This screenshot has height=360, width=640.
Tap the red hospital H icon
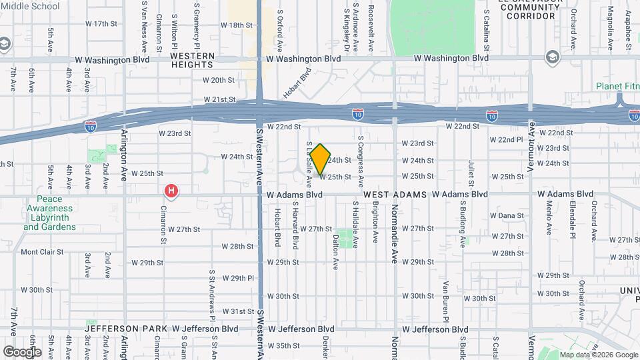coord(171,192)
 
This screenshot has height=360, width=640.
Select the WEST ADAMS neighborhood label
coord(394,194)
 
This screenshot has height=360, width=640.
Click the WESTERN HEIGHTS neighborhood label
coord(193,60)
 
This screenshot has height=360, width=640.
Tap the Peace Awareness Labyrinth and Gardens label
coord(50,213)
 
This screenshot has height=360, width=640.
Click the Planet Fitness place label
coord(617,86)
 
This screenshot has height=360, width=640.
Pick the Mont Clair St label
coord(42,252)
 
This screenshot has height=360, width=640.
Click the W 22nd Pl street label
coord(507,140)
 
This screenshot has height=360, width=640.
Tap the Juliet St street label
coord(471,172)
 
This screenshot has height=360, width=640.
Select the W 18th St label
coord(237,25)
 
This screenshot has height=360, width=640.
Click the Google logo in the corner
coord(22,351)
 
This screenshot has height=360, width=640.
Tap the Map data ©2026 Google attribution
coord(599,355)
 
